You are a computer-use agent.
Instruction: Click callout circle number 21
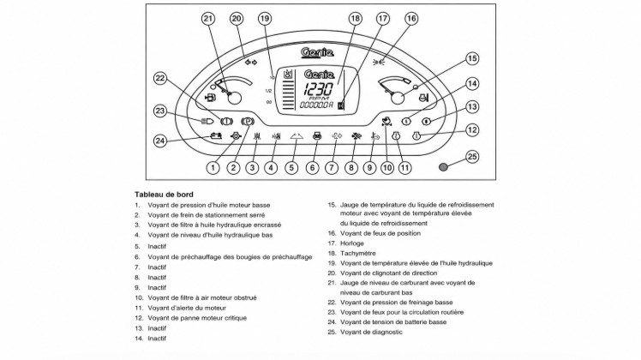[x=208, y=18]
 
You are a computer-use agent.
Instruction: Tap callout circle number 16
[x=411, y=18]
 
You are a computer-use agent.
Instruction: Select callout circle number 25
[x=472, y=157]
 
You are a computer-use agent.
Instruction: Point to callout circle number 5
[x=291, y=168]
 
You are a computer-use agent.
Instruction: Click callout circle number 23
[x=160, y=111]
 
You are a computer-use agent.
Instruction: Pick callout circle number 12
[x=472, y=130]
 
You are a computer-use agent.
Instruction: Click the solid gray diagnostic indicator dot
[x=444, y=167]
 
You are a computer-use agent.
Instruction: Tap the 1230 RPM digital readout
[x=318, y=89]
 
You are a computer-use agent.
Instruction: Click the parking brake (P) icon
[x=248, y=122]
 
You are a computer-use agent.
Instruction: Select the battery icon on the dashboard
[x=216, y=135]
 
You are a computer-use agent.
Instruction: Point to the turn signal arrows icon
[x=251, y=63]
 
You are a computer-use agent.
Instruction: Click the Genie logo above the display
[x=317, y=52]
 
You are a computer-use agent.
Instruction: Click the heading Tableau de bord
[x=164, y=195]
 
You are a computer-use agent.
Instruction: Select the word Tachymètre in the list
[x=357, y=253]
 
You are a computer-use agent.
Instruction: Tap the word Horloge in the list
[x=352, y=243]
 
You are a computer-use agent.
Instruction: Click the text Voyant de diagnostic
[x=371, y=333]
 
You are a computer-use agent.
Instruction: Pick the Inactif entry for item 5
[x=157, y=247]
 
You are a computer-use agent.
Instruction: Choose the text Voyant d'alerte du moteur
[x=187, y=308]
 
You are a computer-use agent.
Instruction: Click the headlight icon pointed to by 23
[x=207, y=121]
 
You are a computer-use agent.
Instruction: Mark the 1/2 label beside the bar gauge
[x=268, y=91]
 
